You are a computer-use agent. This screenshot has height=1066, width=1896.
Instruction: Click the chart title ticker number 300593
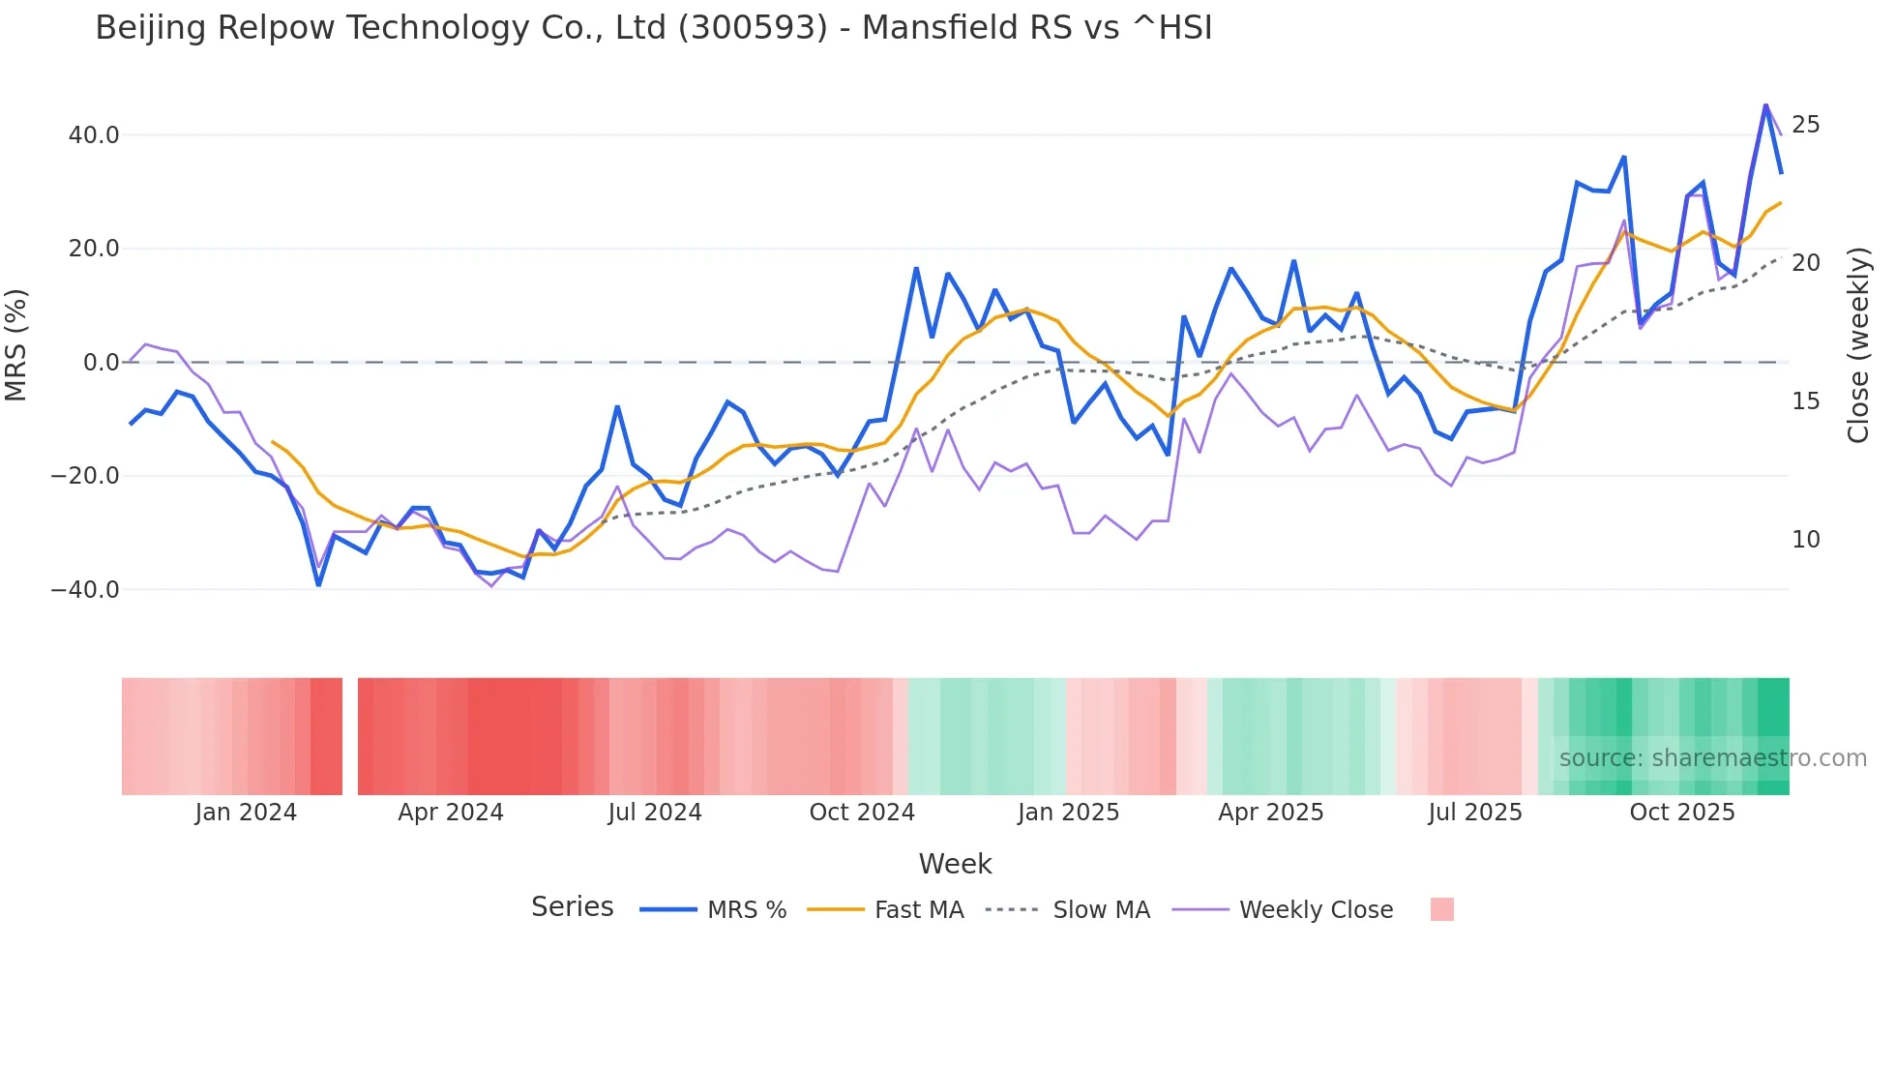[753, 28]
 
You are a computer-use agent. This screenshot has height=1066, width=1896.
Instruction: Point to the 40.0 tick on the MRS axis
[94, 135]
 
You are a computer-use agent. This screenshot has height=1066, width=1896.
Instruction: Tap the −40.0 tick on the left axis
[85, 589]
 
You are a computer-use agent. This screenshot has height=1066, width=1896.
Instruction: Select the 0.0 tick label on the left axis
[101, 363]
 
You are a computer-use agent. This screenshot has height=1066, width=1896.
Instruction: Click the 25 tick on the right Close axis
[1805, 125]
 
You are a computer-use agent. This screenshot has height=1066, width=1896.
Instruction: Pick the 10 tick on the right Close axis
[1805, 540]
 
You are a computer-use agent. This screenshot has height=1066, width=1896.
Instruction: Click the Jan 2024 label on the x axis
[246, 813]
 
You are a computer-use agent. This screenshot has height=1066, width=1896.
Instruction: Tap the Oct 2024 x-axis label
[862, 813]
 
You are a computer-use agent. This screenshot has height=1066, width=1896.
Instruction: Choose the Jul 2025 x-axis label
[1474, 813]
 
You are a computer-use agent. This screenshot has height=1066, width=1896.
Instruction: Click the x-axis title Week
[955, 864]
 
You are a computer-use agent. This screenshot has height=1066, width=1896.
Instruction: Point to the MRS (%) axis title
[16, 345]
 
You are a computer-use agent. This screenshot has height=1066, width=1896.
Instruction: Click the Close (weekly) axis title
[1858, 345]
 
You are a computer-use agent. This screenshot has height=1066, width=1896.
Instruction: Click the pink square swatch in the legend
[1441, 909]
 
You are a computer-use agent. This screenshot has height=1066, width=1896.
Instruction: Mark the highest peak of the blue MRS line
[1765, 105]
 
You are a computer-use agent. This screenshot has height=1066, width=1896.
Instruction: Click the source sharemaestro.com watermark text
[1712, 758]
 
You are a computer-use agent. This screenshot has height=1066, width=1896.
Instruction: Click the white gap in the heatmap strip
[350, 736]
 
